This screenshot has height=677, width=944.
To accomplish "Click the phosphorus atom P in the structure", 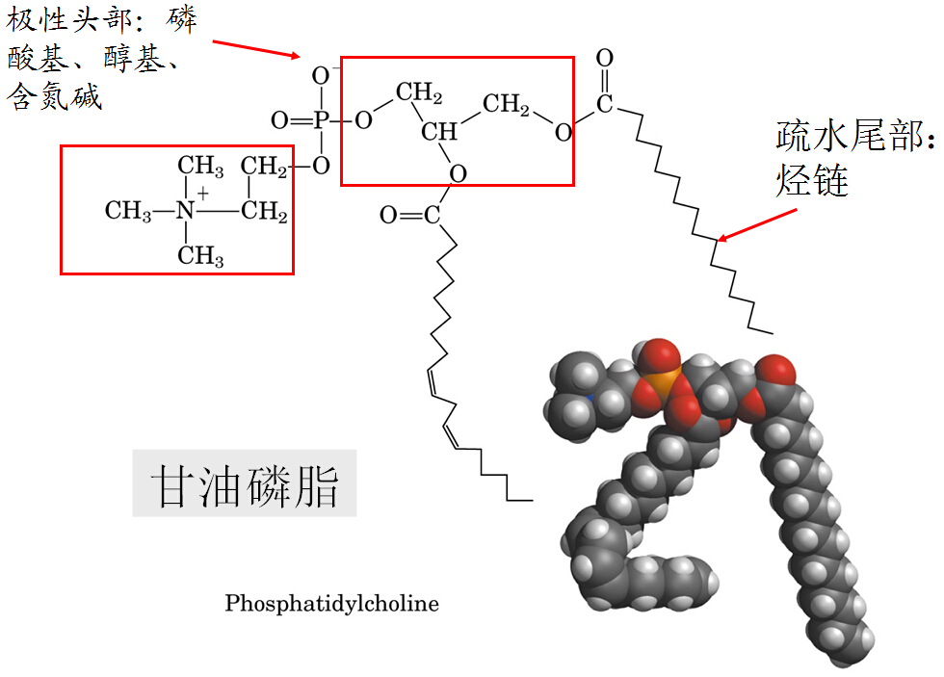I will coord(322,120).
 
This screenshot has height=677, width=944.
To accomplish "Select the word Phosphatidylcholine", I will coord(331,604).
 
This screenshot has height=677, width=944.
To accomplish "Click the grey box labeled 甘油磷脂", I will coord(245,483).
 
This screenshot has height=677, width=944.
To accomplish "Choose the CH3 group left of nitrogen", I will coord(129,211).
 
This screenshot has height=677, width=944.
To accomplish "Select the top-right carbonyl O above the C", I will coord(604,59).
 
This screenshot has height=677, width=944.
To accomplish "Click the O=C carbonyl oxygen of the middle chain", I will coord(388,215).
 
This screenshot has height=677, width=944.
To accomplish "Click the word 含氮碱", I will coord(54,97).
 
